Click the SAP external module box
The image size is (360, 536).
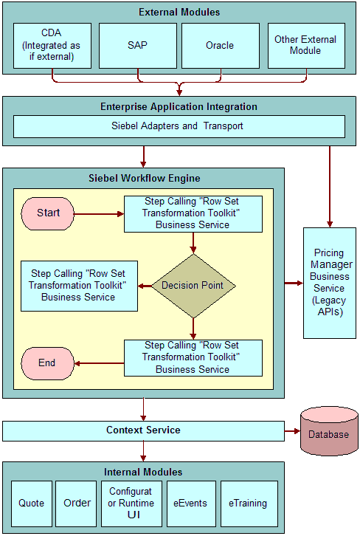click(x=138, y=46)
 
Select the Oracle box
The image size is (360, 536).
click(x=221, y=46)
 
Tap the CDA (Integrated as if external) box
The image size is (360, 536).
click(x=52, y=46)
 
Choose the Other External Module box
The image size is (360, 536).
click(x=306, y=46)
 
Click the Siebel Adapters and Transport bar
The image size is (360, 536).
click(x=179, y=126)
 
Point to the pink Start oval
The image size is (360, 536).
click(x=47, y=213)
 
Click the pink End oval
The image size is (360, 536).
click(x=47, y=363)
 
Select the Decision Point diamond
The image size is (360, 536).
click(x=193, y=286)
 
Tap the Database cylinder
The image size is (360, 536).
click(x=329, y=431)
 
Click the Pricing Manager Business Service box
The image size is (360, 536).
click(x=330, y=283)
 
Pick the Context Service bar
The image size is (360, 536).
click(x=143, y=430)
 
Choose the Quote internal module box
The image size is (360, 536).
click(x=32, y=504)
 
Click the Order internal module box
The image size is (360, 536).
click(x=76, y=504)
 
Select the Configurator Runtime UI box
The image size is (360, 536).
click(x=131, y=504)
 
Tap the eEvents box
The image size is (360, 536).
click(x=191, y=504)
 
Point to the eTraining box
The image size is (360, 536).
click(x=249, y=504)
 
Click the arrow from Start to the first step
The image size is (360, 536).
click(x=99, y=214)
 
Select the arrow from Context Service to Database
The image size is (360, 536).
click(x=292, y=431)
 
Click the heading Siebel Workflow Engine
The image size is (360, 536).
click(x=145, y=179)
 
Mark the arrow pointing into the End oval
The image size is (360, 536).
click(x=99, y=363)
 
